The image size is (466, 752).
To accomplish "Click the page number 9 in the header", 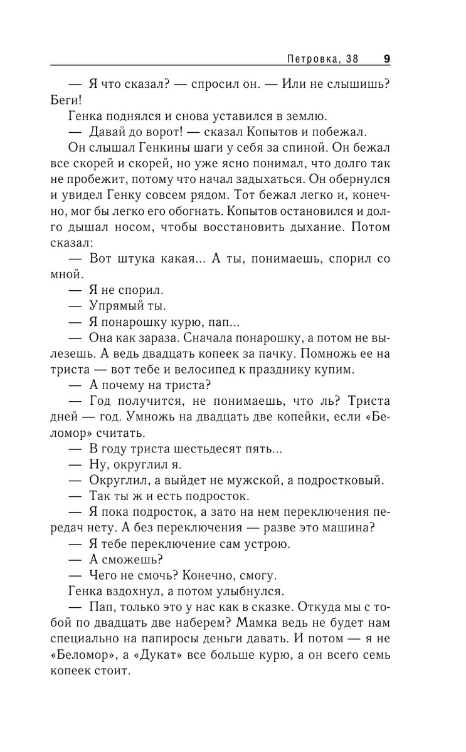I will [386, 60].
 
